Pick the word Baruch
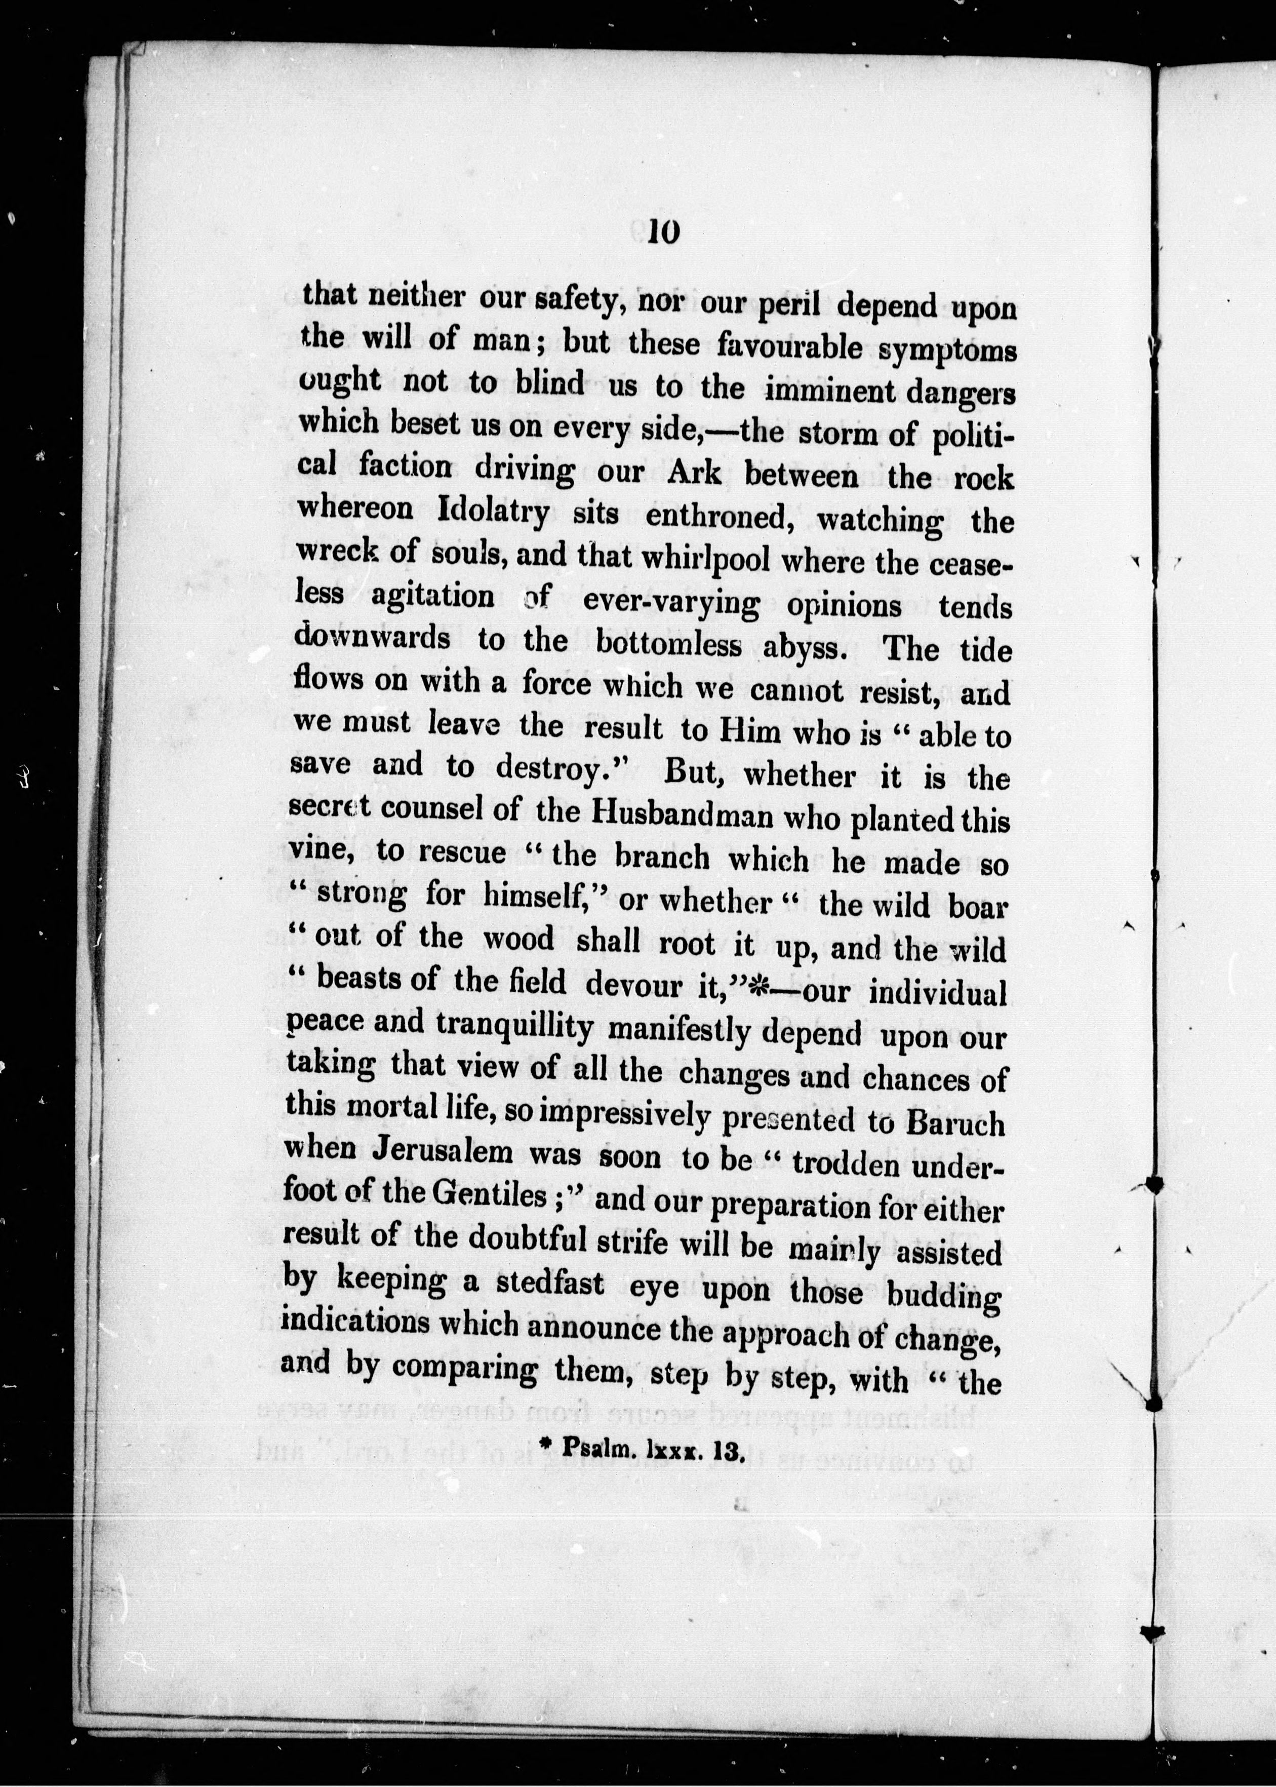[954, 1122]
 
